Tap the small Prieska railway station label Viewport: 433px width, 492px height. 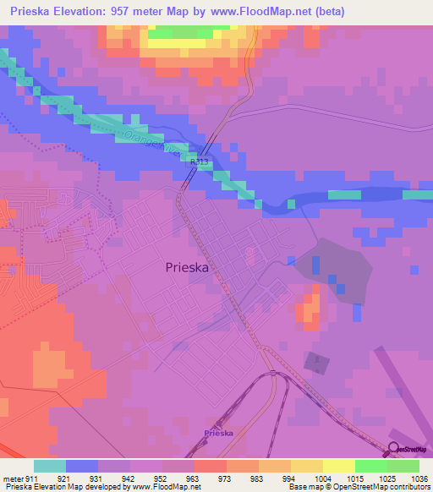(218, 433)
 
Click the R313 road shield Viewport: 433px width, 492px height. (199, 161)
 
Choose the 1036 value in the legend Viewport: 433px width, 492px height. (419, 478)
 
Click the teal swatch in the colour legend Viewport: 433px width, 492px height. (50, 466)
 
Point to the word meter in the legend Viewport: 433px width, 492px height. (13, 478)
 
